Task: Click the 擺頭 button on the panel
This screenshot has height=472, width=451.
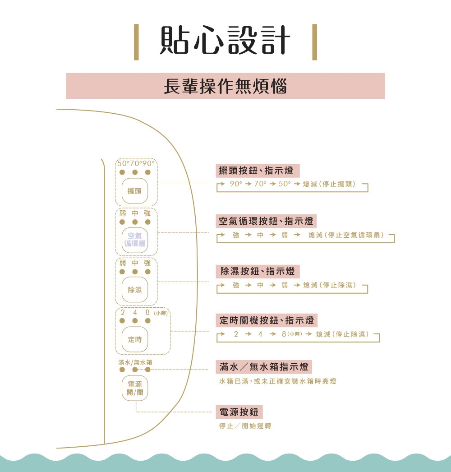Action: click(135, 191)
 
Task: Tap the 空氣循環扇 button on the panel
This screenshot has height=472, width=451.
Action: click(135, 240)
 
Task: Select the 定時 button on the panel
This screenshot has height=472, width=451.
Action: click(135, 339)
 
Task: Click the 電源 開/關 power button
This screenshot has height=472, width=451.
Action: click(135, 388)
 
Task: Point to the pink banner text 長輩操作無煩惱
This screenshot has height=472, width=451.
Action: click(225, 86)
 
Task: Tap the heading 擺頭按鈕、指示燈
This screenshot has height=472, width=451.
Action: click(256, 171)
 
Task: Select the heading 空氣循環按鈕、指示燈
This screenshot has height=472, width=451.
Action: click(266, 222)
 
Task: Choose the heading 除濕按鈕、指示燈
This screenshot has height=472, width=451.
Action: click(258, 271)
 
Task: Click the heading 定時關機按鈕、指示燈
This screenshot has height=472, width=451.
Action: click(267, 321)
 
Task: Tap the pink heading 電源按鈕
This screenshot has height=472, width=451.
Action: click(239, 412)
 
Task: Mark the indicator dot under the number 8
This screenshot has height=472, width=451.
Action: click(148, 320)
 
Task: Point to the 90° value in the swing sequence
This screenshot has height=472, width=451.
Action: click(236, 184)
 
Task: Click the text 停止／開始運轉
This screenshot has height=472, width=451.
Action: click(245, 426)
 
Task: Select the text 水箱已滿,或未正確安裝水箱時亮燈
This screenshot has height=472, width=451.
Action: click(277, 381)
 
